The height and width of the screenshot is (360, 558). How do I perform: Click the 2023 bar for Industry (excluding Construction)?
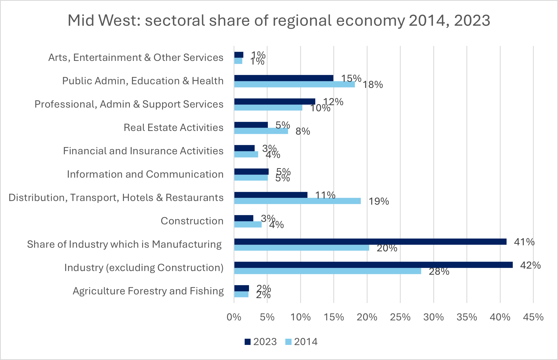(373, 265)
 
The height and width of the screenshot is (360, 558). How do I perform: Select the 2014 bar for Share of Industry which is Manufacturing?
(301, 248)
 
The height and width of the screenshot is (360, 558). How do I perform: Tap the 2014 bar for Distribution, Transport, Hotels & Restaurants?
(297, 201)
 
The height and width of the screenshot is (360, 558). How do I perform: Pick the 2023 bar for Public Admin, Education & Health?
(283, 78)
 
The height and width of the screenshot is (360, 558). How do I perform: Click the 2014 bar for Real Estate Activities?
(261, 131)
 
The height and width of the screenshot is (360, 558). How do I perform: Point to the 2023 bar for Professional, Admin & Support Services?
(275, 102)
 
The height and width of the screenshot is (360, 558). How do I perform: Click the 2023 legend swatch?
(247, 342)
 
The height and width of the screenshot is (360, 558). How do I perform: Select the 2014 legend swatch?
(288, 342)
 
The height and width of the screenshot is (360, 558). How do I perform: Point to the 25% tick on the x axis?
(400, 317)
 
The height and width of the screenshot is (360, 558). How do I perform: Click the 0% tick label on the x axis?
(234, 317)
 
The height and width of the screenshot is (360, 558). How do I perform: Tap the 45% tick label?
(533, 317)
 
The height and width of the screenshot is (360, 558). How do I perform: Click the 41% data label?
(524, 242)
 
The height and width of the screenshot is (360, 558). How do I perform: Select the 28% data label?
(439, 272)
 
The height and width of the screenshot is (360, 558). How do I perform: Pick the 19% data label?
(379, 202)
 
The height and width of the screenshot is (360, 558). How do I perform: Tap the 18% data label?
(373, 85)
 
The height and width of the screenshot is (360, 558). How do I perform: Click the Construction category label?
(192, 221)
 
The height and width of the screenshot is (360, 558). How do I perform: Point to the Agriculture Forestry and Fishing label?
(148, 291)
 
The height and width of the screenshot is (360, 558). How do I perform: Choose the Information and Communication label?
(145, 174)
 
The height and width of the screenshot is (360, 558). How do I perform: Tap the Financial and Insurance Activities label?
(143, 151)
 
